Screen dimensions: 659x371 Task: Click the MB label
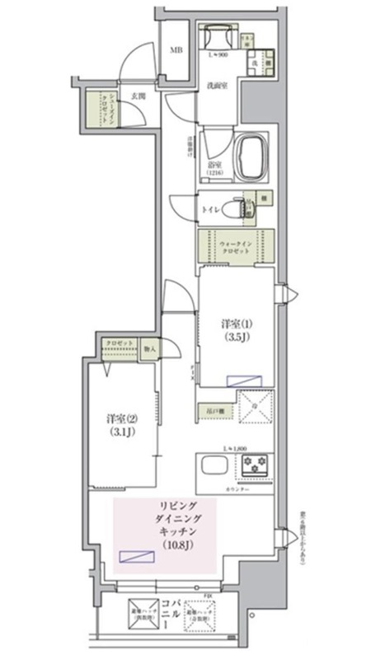(176, 49)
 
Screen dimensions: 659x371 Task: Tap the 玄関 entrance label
(137, 96)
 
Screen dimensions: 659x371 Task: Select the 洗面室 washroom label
(219, 84)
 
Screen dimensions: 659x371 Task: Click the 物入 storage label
(150, 347)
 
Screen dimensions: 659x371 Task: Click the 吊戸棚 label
(205, 409)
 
